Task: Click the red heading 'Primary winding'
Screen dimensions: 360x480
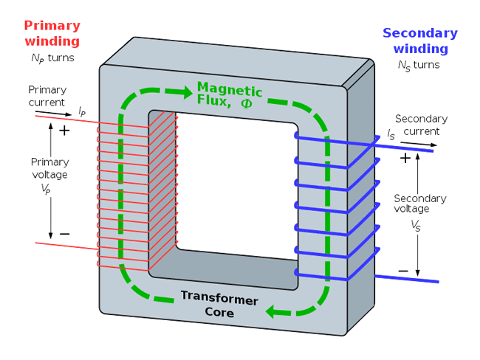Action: click(x=52, y=33)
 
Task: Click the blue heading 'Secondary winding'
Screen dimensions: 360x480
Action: click(x=420, y=41)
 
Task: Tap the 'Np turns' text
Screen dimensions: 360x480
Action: click(x=52, y=58)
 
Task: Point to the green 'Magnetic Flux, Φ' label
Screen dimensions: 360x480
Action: click(x=229, y=97)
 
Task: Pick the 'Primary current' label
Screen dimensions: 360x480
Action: click(x=47, y=96)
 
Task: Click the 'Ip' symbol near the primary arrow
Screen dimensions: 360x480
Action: click(x=81, y=111)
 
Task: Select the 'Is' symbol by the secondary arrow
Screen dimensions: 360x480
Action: click(x=391, y=134)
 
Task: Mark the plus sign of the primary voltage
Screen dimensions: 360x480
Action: click(x=64, y=131)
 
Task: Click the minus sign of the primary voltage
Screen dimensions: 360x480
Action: click(x=64, y=234)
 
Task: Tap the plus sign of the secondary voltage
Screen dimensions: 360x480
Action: click(x=405, y=158)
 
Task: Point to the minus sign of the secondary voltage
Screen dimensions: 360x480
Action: click(x=403, y=271)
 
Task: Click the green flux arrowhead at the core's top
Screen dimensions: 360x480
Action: click(x=183, y=93)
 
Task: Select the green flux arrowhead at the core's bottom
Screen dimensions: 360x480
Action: click(x=274, y=311)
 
